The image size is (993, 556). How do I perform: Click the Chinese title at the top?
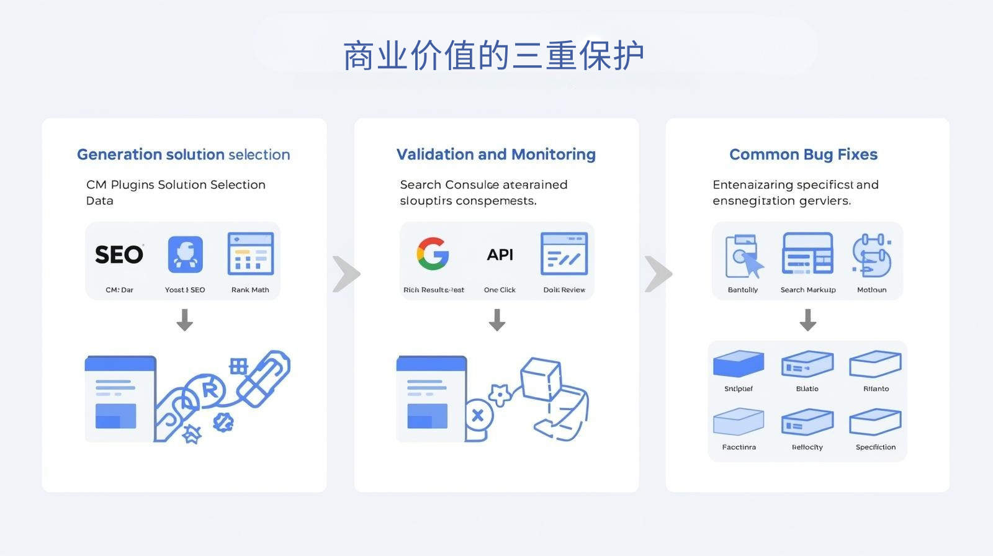coord(493,56)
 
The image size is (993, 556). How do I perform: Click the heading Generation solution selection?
coord(183,155)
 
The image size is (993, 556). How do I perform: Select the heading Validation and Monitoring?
coord(496,155)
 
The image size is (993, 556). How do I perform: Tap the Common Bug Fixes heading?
coord(803,155)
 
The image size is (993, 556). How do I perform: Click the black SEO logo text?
coord(119,254)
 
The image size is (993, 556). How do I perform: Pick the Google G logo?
coord(433,254)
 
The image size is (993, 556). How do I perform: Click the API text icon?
coord(500,254)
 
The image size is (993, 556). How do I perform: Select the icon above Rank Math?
coord(251,254)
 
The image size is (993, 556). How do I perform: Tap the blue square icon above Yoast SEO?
coord(185,254)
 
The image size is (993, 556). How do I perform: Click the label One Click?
coord(500,290)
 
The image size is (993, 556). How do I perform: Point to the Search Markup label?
coord(807,290)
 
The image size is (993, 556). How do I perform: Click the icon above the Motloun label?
coord(871,254)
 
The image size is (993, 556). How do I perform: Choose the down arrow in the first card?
coord(184,320)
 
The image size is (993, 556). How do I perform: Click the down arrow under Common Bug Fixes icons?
coord(807,320)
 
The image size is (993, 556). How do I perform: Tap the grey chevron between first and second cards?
coord(346,274)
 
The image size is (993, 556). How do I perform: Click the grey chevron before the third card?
coord(658,274)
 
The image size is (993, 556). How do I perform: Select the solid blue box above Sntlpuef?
coord(739,364)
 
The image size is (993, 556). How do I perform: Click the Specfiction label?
coord(875,447)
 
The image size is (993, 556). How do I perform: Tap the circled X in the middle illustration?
coord(477,415)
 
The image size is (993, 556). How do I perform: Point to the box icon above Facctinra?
coord(739,422)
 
